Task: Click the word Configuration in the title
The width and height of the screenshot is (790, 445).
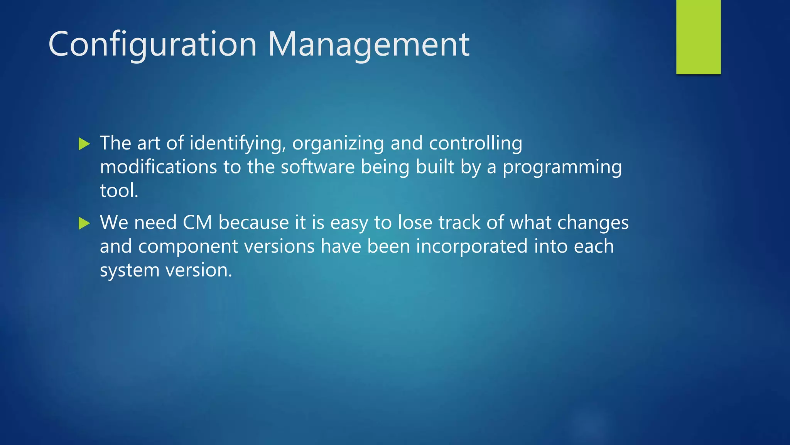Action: [152, 45]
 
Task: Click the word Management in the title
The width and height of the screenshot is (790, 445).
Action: [368, 45]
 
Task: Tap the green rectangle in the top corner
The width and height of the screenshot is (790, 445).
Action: [698, 37]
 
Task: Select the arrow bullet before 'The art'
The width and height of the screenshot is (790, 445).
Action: [84, 144]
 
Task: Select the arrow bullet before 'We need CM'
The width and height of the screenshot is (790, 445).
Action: [84, 223]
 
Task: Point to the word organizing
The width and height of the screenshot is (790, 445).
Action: [338, 144]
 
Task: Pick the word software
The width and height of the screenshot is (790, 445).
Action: [317, 167]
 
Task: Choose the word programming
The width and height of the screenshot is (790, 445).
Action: [562, 168]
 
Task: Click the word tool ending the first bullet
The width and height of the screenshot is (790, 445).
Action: [118, 191]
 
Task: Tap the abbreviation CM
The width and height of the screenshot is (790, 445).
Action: [197, 223]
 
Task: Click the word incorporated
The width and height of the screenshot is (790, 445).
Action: [471, 246]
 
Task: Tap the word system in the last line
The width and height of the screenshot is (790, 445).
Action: [129, 270]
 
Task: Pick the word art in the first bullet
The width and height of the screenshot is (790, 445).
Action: [148, 144]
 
